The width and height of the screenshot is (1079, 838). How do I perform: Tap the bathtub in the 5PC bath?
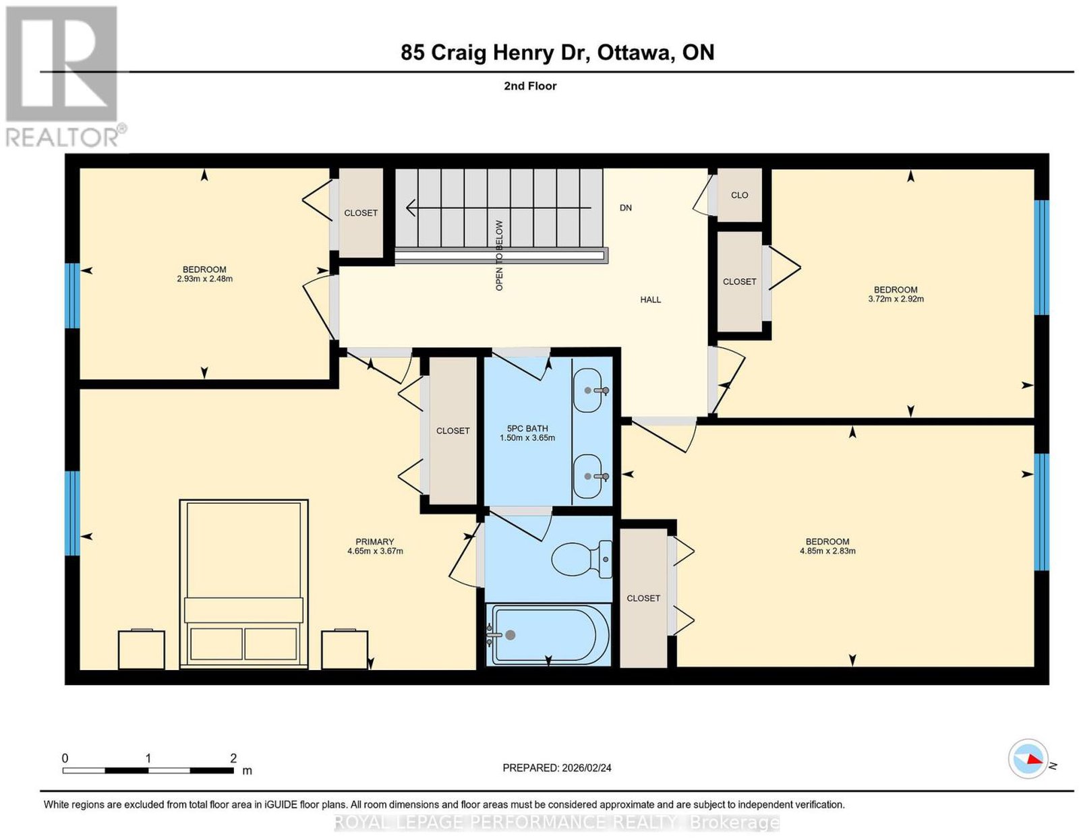click(548, 634)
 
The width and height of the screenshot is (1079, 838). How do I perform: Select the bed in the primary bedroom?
click(243, 584)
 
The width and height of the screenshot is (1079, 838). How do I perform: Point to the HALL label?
click(650, 300)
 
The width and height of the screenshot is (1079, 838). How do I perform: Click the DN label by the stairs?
click(625, 208)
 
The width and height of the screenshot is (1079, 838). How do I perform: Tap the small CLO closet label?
click(739, 196)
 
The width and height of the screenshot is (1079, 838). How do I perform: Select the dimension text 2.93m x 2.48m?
click(204, 279)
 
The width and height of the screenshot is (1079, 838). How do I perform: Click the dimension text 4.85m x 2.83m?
click(827, 551)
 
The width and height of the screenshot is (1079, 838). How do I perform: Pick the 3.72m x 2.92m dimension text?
click(896, 299)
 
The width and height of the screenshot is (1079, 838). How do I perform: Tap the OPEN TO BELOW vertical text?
click(499, 256)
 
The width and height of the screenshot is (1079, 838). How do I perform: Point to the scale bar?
click(148, 771)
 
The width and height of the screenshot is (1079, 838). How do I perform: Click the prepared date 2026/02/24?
click(587, 768)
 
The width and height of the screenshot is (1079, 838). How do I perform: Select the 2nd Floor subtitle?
click(530, 86)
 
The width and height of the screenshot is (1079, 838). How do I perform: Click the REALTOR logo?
click(65, 77)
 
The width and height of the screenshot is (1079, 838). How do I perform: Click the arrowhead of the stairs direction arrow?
click(411, 208)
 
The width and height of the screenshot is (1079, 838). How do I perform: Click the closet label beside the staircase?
click(361, 213)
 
